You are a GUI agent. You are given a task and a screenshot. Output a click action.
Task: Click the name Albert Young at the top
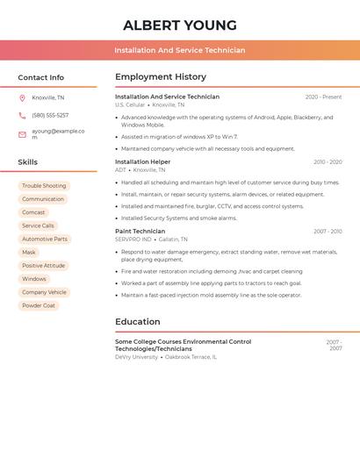(x=180, y=25)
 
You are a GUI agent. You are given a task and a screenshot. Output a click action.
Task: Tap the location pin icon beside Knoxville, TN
(x=22, y=97)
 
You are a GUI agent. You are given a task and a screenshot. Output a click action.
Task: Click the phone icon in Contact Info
(x=22, y=115)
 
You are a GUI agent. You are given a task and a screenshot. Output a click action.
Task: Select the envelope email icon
(x=22, y=134)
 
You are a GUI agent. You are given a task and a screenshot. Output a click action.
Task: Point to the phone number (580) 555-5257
(x=50, y=115)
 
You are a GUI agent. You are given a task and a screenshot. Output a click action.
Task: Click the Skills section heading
(x=28, y=162)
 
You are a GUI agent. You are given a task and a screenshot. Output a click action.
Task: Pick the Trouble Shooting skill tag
(x=44, y=186)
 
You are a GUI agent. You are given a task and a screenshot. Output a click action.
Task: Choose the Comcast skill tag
(x=33, y=212)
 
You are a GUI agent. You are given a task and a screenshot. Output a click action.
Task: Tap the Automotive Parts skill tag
(x=45, y=239)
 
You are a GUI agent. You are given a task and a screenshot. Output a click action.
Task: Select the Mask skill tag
(x=29, y=253)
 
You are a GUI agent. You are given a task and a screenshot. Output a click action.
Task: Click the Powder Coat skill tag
(x=39, y=305)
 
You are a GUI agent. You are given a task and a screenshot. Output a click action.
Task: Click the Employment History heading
(x=161, y=77)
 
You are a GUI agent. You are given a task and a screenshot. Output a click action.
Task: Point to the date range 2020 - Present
(x=323, y=97)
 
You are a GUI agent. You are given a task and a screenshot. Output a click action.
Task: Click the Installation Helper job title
(x=143, y=161)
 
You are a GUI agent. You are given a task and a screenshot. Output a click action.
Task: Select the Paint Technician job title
(x=140, y=231)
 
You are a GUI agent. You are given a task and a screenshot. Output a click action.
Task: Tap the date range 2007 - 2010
(x=328, y=232)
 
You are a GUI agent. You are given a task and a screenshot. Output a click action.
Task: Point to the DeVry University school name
(x=136, y=357)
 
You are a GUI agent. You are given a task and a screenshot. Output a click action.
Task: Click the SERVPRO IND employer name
(x=133, y=239)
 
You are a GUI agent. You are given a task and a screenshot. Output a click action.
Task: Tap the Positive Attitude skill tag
(x=44, y=266)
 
